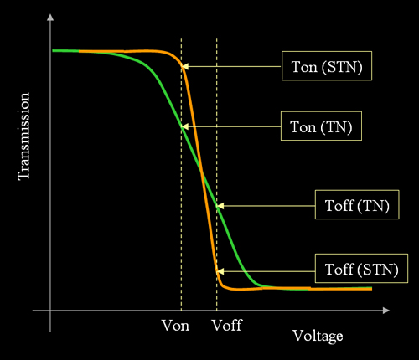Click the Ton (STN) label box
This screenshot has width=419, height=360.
click(327, 66)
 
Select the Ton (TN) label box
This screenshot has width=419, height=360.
click(321, 126)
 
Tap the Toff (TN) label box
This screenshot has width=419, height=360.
click(357, 205)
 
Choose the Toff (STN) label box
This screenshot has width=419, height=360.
click(361, 269)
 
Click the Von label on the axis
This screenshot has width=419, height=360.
click(175, 326)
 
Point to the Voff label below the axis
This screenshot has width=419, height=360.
click(226, 326)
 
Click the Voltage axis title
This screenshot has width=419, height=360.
click(318, 336)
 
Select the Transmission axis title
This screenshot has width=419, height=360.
click(23, 136)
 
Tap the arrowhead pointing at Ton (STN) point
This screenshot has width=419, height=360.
click(184, 66)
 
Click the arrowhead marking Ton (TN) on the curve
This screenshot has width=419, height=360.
click(184, 126)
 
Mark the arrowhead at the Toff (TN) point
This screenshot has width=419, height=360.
click(220, 206)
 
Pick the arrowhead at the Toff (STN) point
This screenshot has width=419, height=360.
click(220, 271)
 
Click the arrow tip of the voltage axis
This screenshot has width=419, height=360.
click(390, 311)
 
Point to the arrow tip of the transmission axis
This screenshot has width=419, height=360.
click(50, 14)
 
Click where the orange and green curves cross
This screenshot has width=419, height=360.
click(202, 173)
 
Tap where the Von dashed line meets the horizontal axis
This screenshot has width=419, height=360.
click(181, 311)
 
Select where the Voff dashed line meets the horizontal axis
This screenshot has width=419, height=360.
click(217, 311)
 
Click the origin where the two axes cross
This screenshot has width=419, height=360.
click(50, 311)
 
